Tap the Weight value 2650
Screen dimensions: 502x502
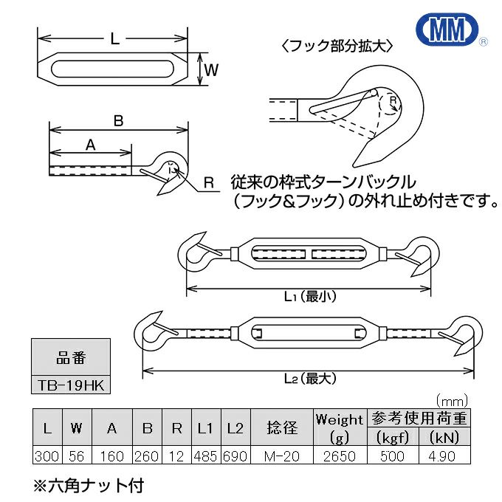[339, 456]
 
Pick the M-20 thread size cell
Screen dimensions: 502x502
[281, 456]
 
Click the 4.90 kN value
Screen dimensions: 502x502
[447, 456]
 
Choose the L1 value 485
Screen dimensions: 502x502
[205, 456]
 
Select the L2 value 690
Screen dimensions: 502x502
[235, 456]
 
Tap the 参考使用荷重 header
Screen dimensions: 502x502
[420, 419]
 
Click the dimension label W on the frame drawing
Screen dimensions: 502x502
[210, 71]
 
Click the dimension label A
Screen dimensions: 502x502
[91, 145]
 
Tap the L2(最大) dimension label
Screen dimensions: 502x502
[309, 378]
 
